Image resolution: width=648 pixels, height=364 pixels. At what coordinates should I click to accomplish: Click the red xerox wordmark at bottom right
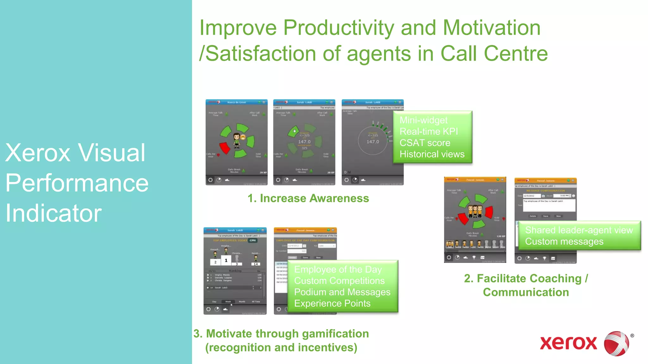tap(568, 343)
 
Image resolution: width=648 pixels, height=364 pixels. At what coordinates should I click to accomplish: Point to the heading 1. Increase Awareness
tap(308, 198)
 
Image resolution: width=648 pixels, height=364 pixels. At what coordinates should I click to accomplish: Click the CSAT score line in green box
tap(425, 143)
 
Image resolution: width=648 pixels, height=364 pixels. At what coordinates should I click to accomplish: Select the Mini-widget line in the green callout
tap(423, 120)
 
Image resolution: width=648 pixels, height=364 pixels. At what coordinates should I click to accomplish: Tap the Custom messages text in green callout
tap(564, 242)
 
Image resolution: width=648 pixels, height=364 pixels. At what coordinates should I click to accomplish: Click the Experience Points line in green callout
tap(332, 303)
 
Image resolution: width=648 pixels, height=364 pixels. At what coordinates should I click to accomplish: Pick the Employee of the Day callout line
tap(338, 270)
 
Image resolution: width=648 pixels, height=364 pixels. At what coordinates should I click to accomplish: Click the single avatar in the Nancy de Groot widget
tap(237, 141)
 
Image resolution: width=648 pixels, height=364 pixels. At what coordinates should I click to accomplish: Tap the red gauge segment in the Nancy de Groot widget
tap(225, 148)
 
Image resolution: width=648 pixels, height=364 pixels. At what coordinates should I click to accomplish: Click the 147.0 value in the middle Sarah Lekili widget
tap(304, 142)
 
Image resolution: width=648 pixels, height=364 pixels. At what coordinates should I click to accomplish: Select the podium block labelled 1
tap(226, 261)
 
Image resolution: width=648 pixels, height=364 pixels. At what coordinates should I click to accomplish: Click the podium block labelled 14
tap(256, 264)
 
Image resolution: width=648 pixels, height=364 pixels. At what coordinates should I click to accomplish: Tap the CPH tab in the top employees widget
tap(252, 240)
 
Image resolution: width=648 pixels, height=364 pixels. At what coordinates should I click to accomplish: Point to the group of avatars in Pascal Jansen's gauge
tap(475, 211)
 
